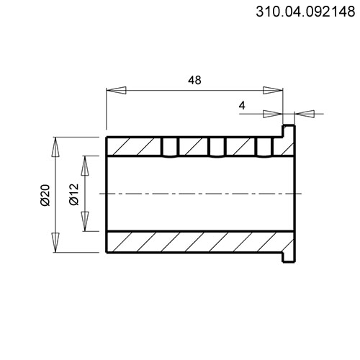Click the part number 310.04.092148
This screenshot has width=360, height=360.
pos(305,12)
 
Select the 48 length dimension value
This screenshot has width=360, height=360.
pos(194,80)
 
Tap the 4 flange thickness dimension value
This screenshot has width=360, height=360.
pos(242,105)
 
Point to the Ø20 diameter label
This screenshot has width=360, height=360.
pos(45,195)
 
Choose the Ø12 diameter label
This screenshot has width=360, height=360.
pos(74,194)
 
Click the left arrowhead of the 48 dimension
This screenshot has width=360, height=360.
pos(116,90)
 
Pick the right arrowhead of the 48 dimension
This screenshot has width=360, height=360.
pos(273,90)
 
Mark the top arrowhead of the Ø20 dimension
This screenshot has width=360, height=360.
pos(55,147)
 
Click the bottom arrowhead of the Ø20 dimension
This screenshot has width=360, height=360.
pos(55,243)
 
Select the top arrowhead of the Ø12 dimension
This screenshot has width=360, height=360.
pos(85,166)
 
